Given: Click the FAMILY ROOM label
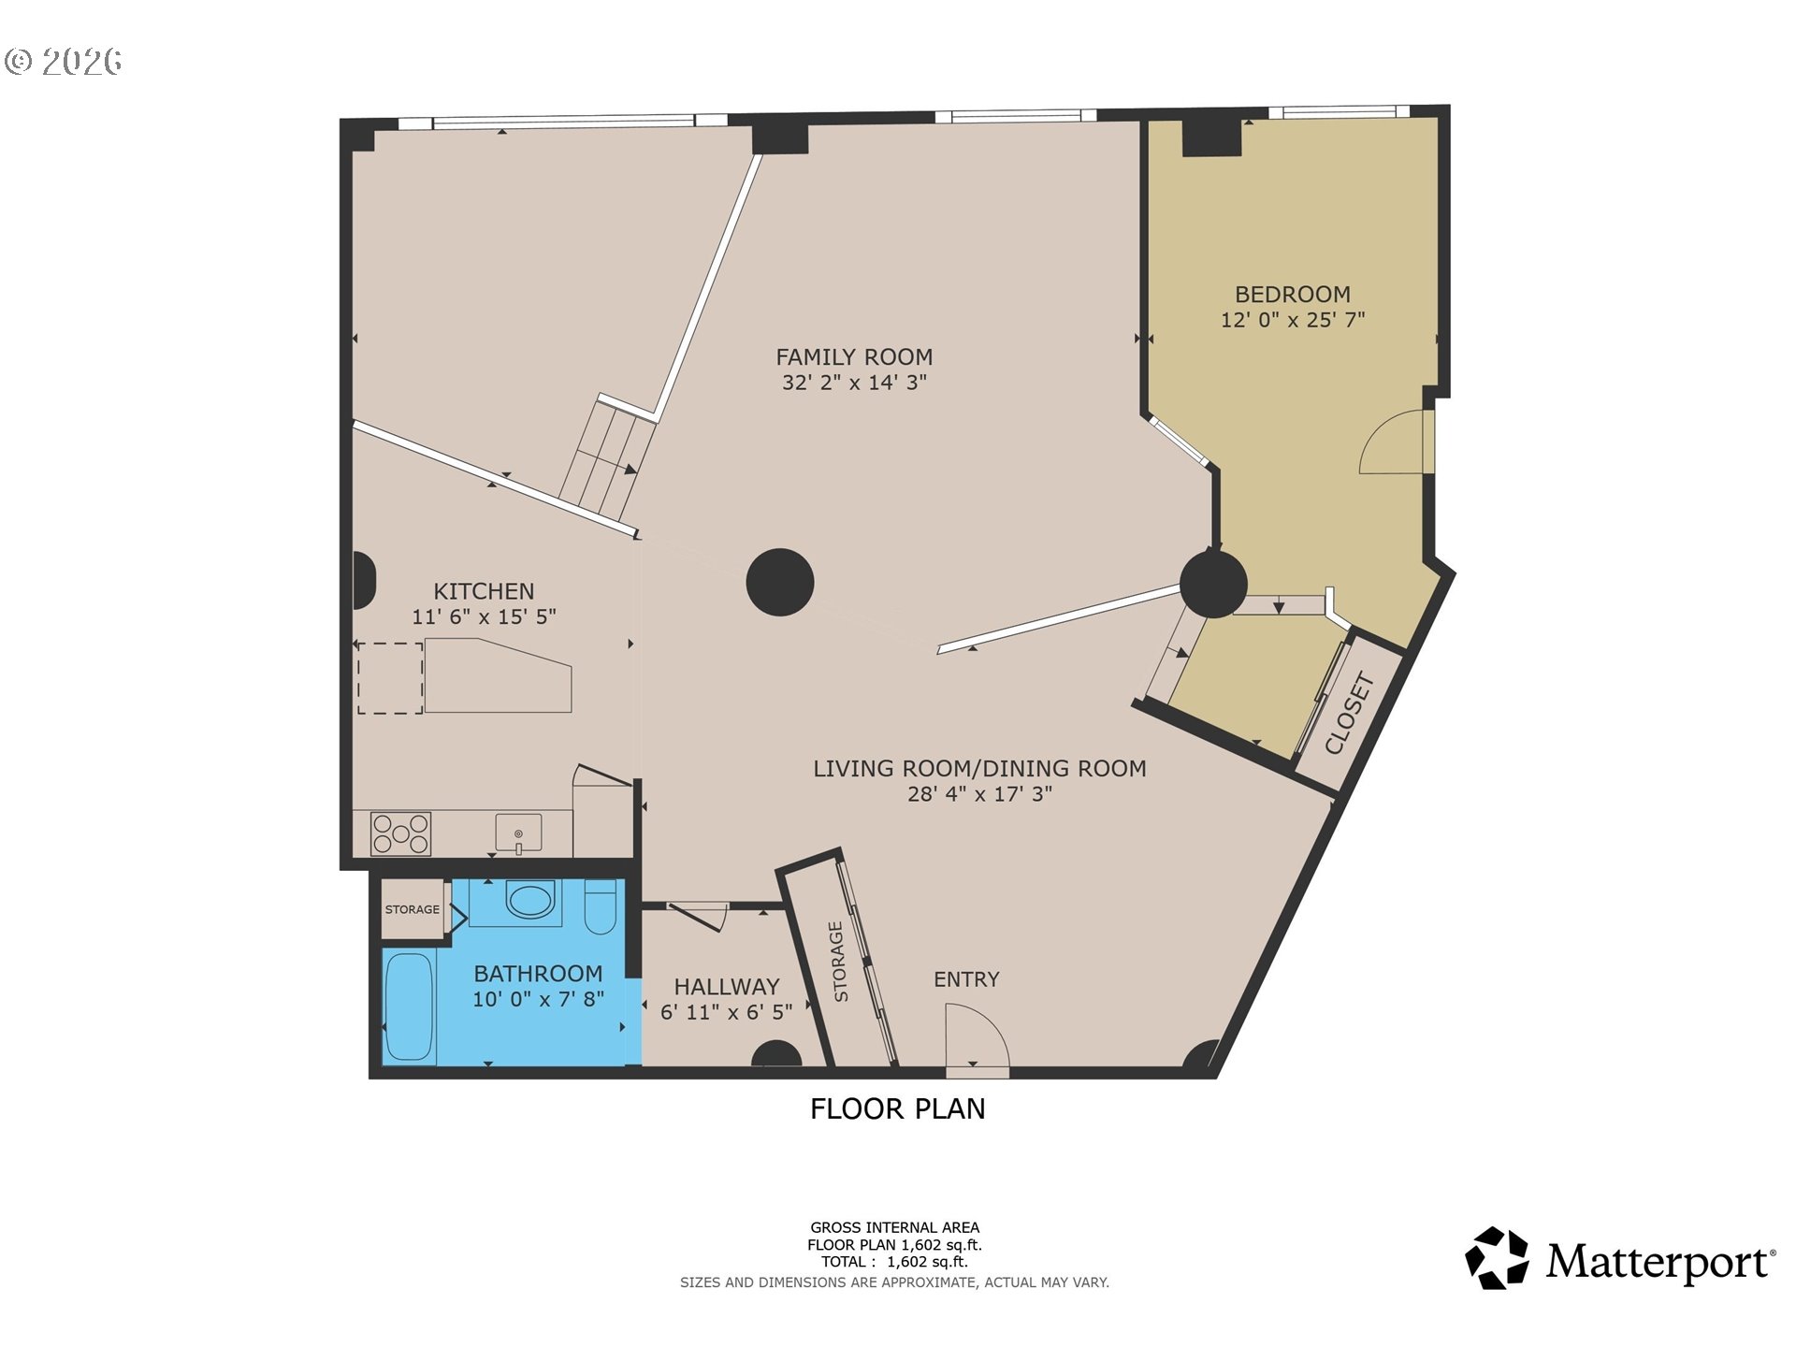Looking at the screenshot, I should pyautogui.click(x=854, y=356).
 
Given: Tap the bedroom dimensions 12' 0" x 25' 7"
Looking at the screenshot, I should pyautogui.click(x=1292, y=320).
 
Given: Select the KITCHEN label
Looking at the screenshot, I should pyautogui.click(x=484, y=591).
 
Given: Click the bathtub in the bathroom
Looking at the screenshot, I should pyautogui.click(x=409, y=1007).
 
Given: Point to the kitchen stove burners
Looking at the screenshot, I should pyautogui.click(x=400, y=833).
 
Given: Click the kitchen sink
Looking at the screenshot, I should pyautogui.click(x=518, y=833).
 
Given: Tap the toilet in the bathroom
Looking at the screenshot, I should pyautogui.click(x=600, y=907).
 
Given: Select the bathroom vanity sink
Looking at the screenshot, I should pyautogui.click(x=529, y=902).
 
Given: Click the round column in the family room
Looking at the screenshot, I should pyautogui.click(x=779, y=582).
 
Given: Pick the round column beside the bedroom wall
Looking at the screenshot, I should pyautogui.click(x=1213, y=584).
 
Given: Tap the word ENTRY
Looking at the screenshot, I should pyautogui.click(x=966, y=979).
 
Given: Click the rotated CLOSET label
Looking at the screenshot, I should pyautogui.click(x=1349, y=715).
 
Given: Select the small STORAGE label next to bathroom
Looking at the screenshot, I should pyautogui.click(x=412, y=909).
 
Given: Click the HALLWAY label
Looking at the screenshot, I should pyautogui.click(x=726, y=987).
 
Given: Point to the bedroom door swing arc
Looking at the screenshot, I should pyautogui.click(x=1391, y=443).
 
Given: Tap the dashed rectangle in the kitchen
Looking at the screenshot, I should pyautogui.click(x=390, y=678).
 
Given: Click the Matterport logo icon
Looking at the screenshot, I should pyautogui.click(x=1496, y=1258).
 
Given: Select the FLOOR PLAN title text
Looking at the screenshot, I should pyautogui.click(x=897, y=1108).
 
